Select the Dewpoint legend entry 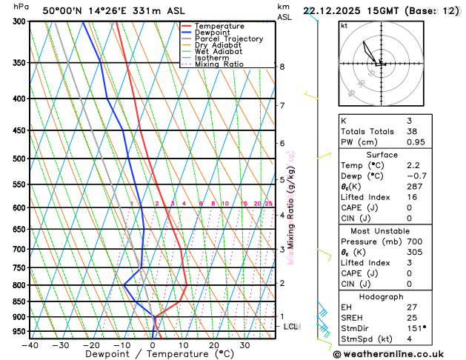tap(215, 33)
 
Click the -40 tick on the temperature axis tap(30, 345)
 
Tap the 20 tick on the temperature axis tap(213, 345)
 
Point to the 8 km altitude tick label tap(282, 67)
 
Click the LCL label tap(291, 326)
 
